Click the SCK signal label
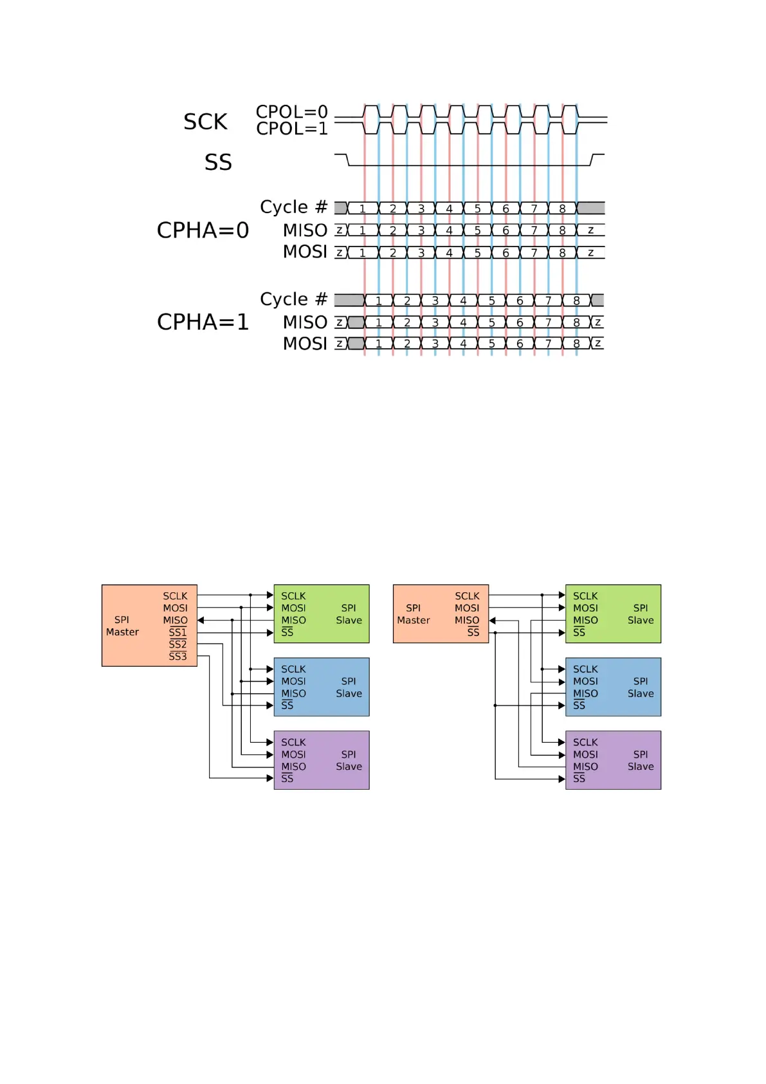tap(205, 122)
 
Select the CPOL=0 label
tap(291, 112)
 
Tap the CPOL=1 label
tap(291, 129)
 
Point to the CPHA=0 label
tap(203, 230)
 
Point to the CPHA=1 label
tap(203, 322)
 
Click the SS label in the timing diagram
tap(218, 162)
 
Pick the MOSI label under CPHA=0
tap(305, 252)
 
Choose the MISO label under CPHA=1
tap(305, 322)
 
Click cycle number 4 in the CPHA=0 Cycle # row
tap(449, 209)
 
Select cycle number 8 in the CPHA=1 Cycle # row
tap(576, 301)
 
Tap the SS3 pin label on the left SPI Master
tap(178, 657)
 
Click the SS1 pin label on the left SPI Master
tap(178, 633)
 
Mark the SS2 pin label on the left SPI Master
tap(178, 644)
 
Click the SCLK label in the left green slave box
tap(293, 596)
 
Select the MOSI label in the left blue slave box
tap(293, 681)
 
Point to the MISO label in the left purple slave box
tap(293, 767)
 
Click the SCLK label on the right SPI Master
tap(467, 596)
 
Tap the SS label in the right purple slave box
tap(579, 779)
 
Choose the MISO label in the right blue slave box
tap(585, 693)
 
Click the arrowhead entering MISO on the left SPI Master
tap(201, 621)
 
